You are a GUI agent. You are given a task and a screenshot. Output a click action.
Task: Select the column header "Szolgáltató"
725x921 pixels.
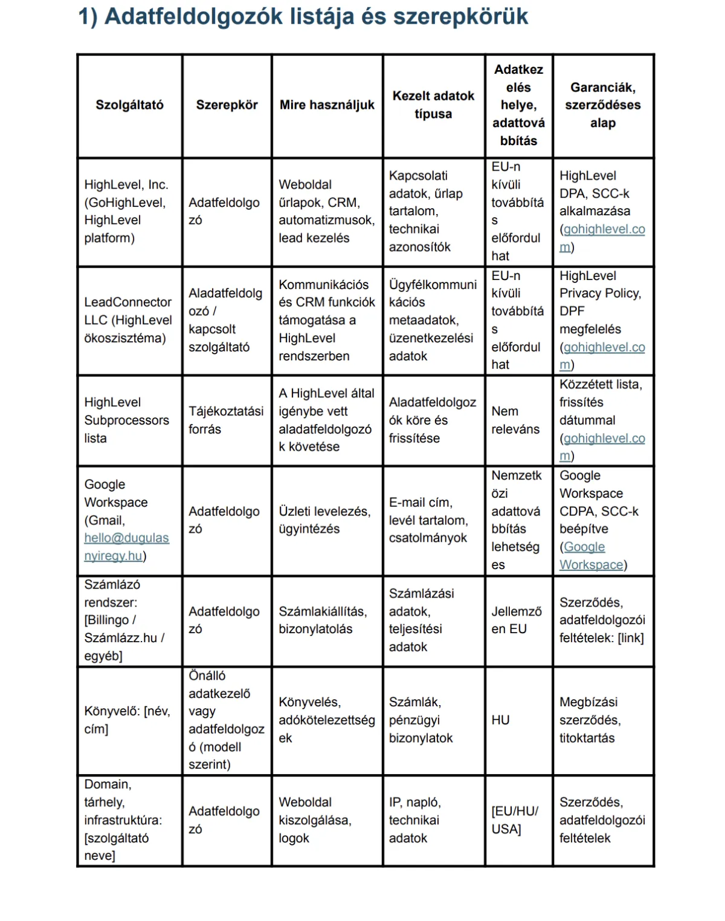click(129, 105)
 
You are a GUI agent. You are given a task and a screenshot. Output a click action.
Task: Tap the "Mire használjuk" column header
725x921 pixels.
click(327, 105)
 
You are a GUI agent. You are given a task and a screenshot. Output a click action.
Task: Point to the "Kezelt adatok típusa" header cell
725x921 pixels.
click(433, 105)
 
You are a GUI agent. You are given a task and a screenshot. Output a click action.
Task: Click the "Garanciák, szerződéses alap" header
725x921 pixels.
click(602, 105)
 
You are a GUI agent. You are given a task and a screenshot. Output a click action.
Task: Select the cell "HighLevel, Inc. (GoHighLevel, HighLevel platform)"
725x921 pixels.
click(126, 211)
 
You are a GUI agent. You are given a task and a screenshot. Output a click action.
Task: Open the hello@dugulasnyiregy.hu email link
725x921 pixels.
click(126, 547)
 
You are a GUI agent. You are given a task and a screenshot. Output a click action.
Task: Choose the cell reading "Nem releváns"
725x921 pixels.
click(515, 420)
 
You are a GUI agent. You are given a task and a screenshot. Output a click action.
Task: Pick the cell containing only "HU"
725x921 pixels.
click(500, 720)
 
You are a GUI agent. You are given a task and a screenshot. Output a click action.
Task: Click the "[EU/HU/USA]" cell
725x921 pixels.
click(515, 820)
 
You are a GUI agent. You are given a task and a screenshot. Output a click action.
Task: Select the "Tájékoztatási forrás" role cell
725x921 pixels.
click(226, 420)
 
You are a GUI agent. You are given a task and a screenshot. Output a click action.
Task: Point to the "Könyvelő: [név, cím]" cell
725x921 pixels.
click(127, 720)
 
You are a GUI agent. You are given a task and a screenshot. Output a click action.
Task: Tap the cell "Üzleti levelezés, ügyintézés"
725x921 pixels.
click(324, 520)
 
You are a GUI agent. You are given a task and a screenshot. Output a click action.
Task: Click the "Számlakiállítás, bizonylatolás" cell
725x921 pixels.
click(323, 620)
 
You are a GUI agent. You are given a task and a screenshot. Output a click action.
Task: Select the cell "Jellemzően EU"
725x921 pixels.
click(517, 620)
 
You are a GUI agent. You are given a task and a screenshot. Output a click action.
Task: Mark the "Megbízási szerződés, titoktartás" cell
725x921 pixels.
click(590, 720)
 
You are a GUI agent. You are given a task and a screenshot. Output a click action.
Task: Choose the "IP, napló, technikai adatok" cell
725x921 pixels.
click(414, 820)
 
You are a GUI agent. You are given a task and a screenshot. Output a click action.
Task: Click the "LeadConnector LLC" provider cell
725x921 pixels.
click(127, 320)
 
